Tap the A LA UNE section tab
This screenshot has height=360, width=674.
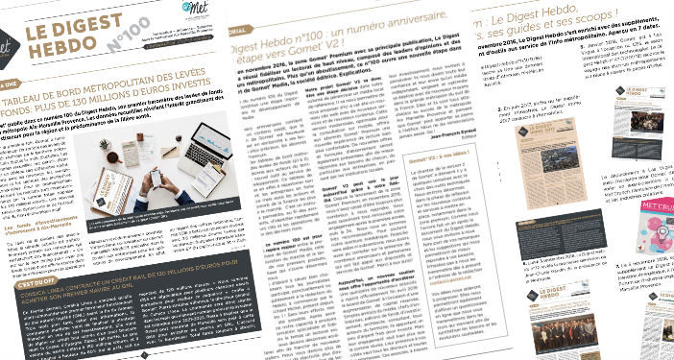(x=12, y=83)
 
